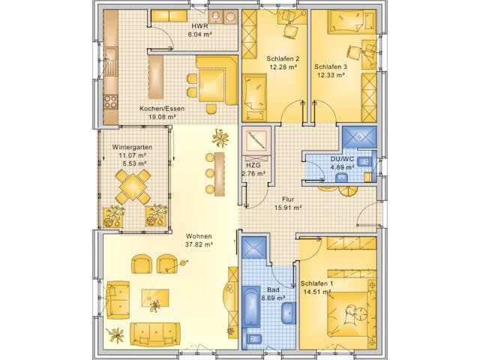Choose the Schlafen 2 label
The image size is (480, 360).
pyautogui.click(x=283, y=58)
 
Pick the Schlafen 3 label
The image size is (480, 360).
pyautogui.click(x=331, y=65)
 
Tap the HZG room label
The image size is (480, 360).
pyautogui.click(x=253, y=166)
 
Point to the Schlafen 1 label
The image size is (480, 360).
pyautogui.click(x=316, y=283)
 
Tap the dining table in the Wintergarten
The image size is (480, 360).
pyautogui.click(x=132, y=184)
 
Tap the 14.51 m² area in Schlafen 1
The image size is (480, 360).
pyautogui.click(x=316, y=292)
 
